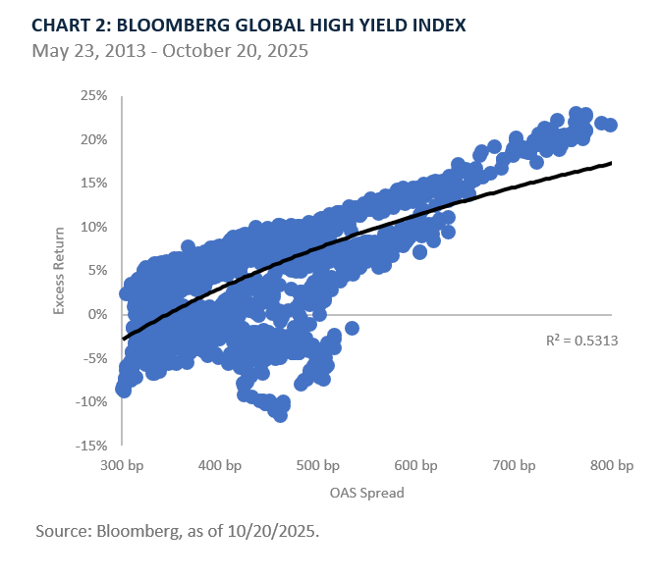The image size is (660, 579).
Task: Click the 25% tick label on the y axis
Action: [94, 95]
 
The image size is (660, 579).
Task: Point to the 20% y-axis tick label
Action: [94, 139]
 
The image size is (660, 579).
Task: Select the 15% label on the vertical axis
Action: [94, 183]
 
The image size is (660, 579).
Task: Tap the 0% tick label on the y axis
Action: [98, 314]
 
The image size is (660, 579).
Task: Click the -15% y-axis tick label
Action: [92, 445]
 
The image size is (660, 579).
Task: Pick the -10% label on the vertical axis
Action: [92, 401]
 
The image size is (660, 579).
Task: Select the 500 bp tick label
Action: [317, 465]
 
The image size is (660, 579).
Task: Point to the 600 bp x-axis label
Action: [415, 465]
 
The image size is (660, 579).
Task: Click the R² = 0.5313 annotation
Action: [582, 341]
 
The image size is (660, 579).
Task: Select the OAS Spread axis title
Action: [366, 493]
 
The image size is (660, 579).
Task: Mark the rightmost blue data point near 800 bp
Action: [610, 125]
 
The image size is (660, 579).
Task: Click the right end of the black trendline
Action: [611, 163]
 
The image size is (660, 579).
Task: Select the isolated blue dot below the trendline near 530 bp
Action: [352, 328]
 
